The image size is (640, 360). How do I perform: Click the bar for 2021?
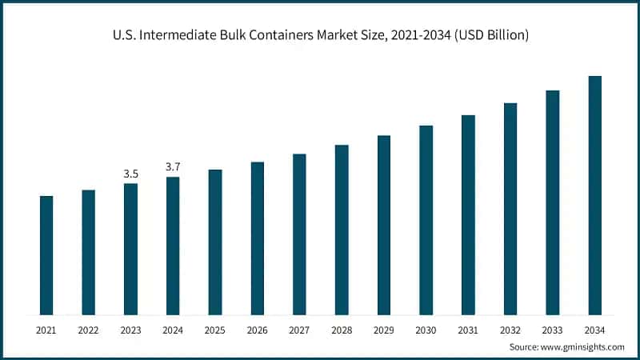coord(46,255)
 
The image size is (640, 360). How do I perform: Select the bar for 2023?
coord(130,249)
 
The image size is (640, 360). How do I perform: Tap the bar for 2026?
coord(258,238)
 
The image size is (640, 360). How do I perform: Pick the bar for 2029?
coord(384,225)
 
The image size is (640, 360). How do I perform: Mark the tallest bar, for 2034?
coord(594,195)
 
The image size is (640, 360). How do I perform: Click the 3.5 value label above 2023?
coord(130,174)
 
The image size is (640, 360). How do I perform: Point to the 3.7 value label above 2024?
coord(173,166)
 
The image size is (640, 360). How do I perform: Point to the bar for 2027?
coord(299,234)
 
